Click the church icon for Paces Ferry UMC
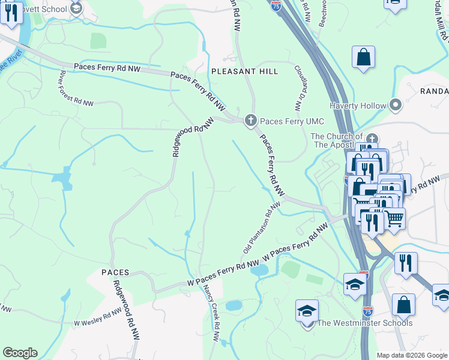click(x=250, y=121)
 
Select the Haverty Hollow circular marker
click(x=395, y=106)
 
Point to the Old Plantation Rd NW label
click(x=262, y=227)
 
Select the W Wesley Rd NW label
click(x=98, y=319)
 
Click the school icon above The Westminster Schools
click(x=307, y=311)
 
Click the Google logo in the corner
click(x=20, y=353)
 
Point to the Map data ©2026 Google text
click(x=412, y=355)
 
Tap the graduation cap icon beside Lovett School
click(x=76, y=8)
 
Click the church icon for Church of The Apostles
click(x=372, y=139)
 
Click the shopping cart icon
click(x=394, y=218)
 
